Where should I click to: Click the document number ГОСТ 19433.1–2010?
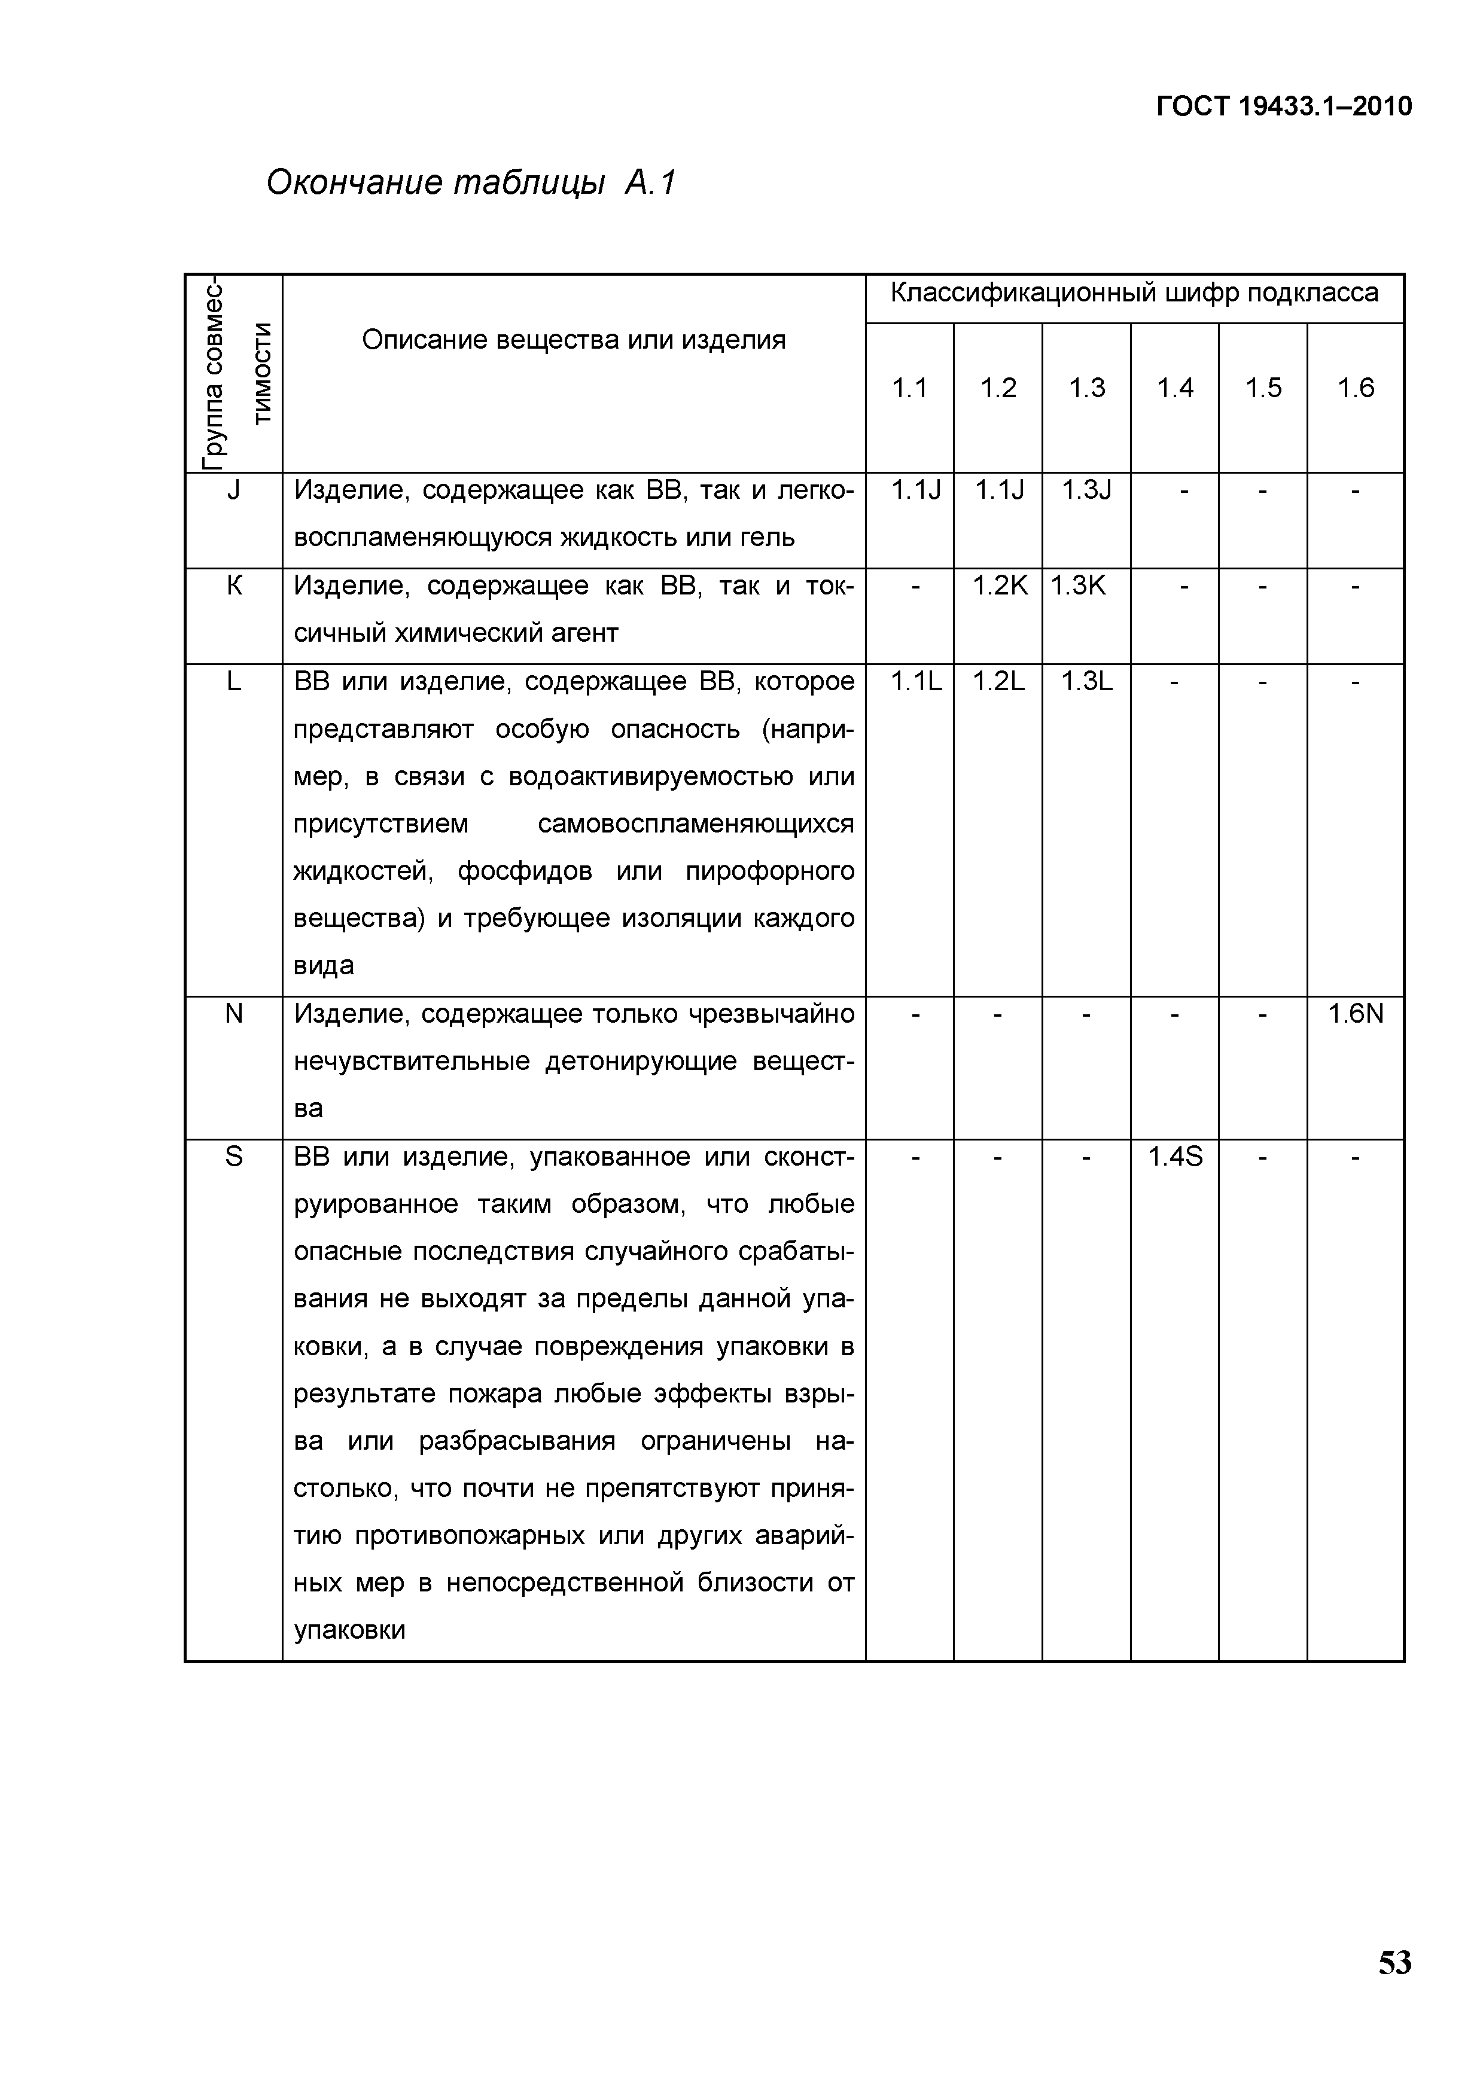pyautogui.click(x=1284, y=107)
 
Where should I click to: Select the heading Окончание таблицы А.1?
pyautogui.click(x=471, y=184)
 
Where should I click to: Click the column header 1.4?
pyautogui.click(x=1175, y=388)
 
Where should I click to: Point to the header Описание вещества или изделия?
pyautogui.click(x=574, y=340)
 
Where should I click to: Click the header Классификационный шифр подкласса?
pyautogui.click(x=1134, y=293)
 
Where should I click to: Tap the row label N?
pyautogui.click(x=234, y=1013)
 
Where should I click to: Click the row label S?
pyautogui.click(x=234, y=1157)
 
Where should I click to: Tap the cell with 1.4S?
pyautogui.click(x=1175, y=1157)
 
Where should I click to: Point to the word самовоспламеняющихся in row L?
pyautogui.click(x=695, y=824)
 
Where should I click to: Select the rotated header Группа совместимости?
pyautogui.click(x=234, y=373)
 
